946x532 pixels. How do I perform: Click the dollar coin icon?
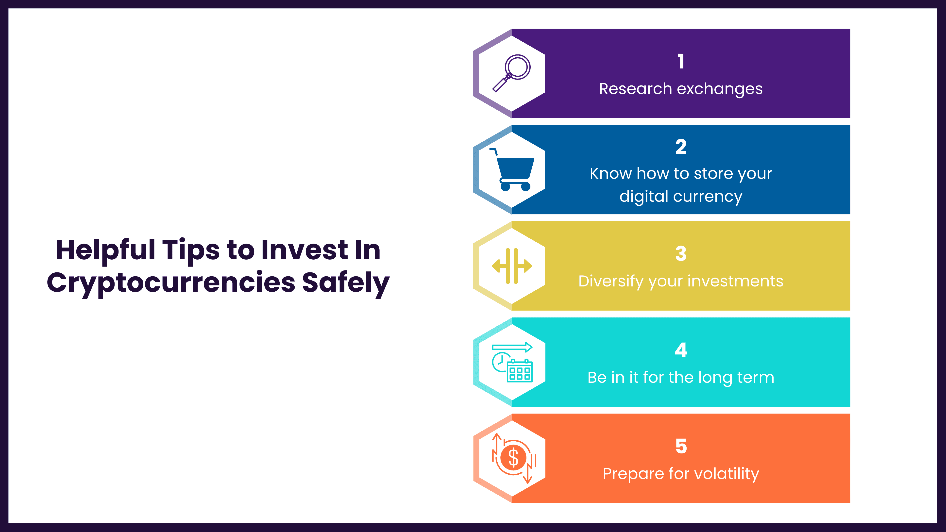[x=513, y=458]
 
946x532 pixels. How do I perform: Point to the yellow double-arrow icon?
[x=512, y=266]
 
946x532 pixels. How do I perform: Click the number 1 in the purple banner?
[x=681, y=61]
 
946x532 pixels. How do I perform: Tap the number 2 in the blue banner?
[x=681, y=147]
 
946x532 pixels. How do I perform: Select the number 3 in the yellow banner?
[x=681, y=254]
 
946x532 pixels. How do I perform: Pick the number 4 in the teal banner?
[x=681, y=350]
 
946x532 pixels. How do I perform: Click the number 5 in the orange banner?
[x=681, y=447]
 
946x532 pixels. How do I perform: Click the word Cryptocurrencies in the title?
[x=171, y=283]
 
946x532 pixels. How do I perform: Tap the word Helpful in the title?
[x=105, y=250]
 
